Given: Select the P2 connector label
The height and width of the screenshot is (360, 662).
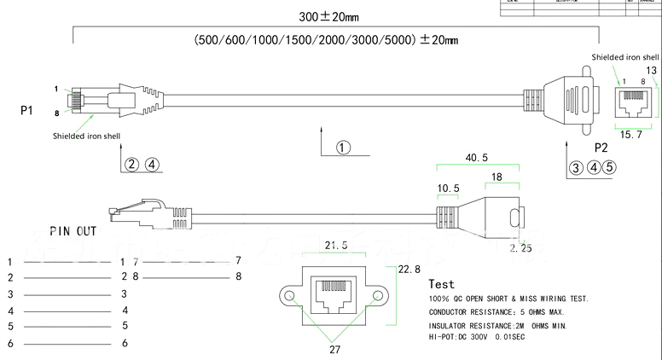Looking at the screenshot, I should [x=601, y=147].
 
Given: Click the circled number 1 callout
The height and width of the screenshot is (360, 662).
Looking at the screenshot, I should [x=343, y=148].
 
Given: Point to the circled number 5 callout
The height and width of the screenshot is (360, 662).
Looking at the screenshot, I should [x=608, y=167].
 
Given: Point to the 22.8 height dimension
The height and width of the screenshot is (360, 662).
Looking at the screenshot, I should [x=411, y=269].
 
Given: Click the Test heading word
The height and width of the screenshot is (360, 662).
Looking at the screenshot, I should [x=442, y=284].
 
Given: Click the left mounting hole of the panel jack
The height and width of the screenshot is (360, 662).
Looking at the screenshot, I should [x=291, y=297].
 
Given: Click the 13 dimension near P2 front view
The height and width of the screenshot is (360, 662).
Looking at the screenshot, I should [x=652, y=70].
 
